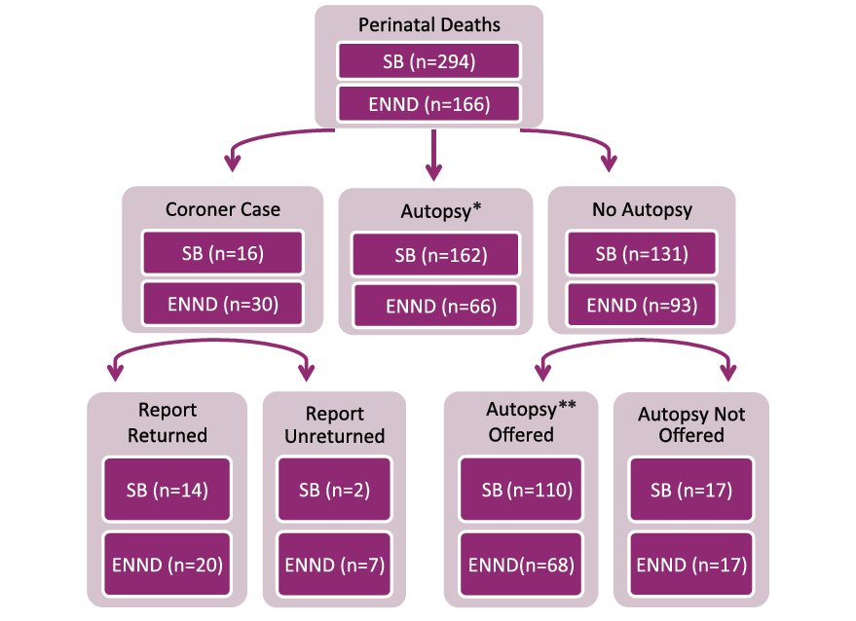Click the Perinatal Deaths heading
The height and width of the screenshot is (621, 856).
coord(428,23)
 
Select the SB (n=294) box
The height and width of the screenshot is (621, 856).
coord(428,61)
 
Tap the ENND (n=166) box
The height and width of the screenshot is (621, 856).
coord(428,102)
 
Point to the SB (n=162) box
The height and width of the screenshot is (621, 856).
coord(436,256)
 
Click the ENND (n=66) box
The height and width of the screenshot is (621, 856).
coord(436,306)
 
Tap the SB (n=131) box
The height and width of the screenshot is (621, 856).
coord(642,254)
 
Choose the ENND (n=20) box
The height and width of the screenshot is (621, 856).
coord(167,563)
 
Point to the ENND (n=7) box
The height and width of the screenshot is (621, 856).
coord(335,564)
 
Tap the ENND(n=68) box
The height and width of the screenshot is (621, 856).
coord(520,564)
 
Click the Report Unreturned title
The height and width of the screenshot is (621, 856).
coord(334,425)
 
